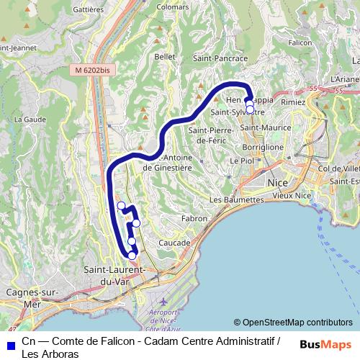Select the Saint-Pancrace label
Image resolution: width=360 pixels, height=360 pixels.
[220, 58]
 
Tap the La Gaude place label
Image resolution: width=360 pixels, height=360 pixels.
[30, 119]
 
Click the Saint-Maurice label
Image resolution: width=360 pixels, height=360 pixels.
[260, 127]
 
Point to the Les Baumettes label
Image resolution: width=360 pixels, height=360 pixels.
[233, 199]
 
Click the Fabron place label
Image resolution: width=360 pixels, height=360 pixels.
[195, 217]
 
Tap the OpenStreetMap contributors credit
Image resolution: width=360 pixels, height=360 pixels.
[293, 323]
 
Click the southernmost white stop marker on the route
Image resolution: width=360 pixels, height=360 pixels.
[132, 255]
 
